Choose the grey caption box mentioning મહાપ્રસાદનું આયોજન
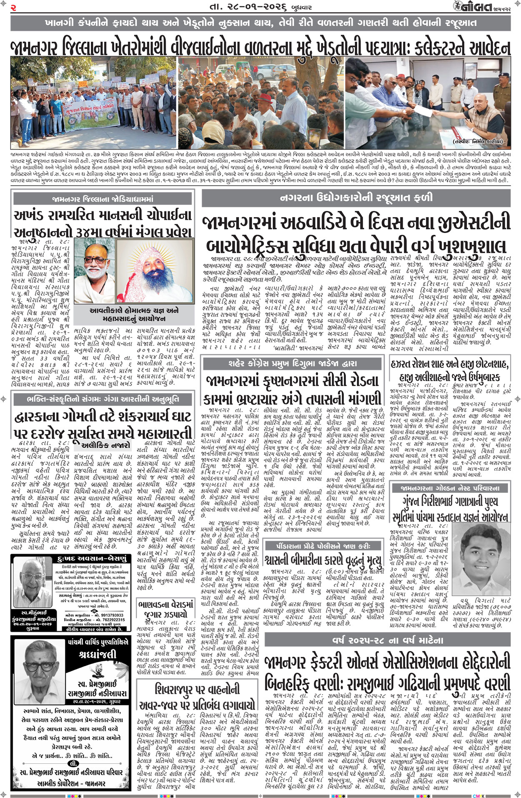click(x=134, y=315)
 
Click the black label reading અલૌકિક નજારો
click(x=105, y=444)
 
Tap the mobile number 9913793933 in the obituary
click(x=100, y=615)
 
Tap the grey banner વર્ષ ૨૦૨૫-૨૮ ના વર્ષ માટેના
click(x=388, y=640)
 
